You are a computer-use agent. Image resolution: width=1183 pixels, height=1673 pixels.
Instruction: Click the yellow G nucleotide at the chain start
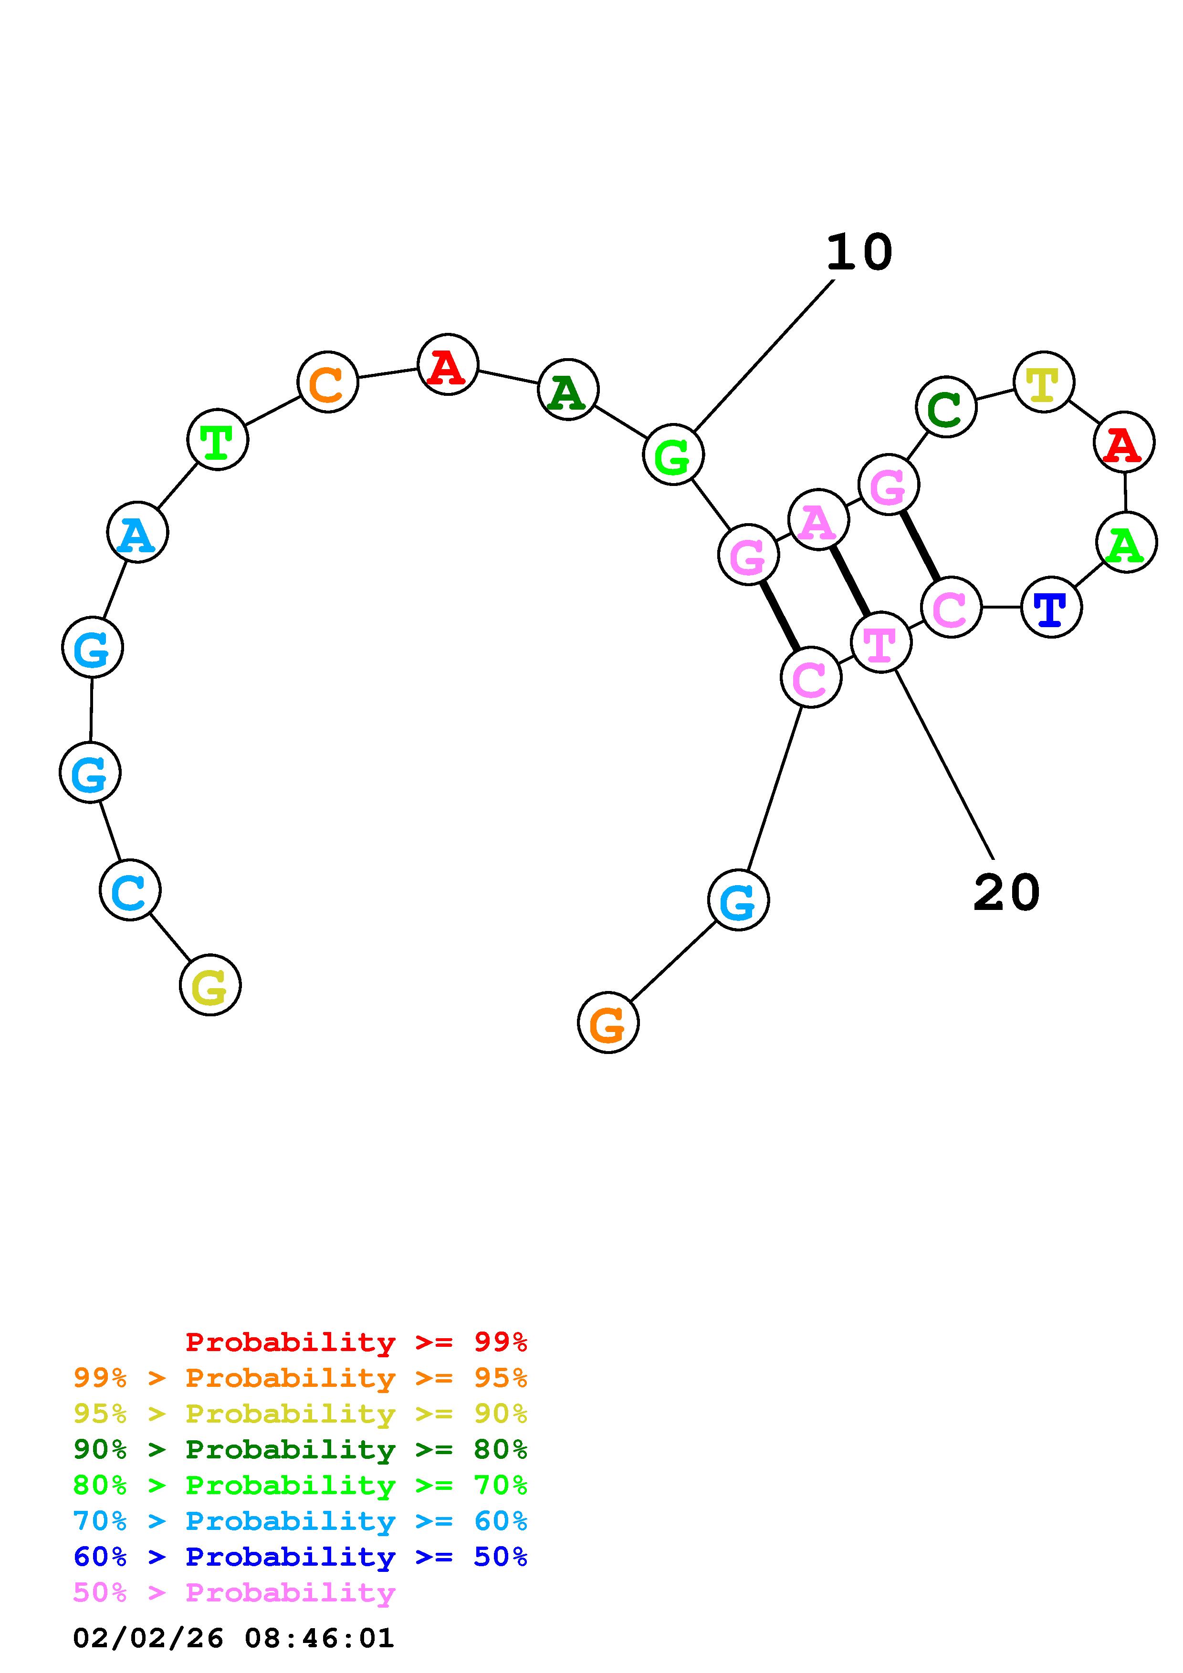(x=210, y=985)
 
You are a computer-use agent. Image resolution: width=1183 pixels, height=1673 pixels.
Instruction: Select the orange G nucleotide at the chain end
(x=608, y=1023)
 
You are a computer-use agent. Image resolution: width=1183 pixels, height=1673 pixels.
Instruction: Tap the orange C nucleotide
(x=328, y=382)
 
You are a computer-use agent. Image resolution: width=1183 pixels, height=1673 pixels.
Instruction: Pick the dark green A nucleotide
(x=568, y=390)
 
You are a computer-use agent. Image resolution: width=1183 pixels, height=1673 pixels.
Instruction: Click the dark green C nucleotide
(x=946, y=407)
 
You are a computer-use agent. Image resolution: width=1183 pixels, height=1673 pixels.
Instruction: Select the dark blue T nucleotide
(x=1051, y=607)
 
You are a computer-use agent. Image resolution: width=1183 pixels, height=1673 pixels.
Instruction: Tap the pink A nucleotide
(x=818, y=519)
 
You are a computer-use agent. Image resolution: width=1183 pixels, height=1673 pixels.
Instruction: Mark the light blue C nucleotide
(x=130, y=890)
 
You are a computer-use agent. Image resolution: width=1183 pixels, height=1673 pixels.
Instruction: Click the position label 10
(x=859, y=252)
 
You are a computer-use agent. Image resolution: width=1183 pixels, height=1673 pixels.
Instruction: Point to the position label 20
(x=1006, y=893)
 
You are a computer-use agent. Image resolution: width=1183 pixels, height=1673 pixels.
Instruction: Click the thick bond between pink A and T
(x=850, y=581)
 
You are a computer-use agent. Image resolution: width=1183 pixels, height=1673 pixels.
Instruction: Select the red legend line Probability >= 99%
(x=356, y=1342)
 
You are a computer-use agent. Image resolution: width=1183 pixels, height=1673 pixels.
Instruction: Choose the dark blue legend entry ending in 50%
(x=300, y=1557)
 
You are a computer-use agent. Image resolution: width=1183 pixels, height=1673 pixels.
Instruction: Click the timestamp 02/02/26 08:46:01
(x=234, y=1639)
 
